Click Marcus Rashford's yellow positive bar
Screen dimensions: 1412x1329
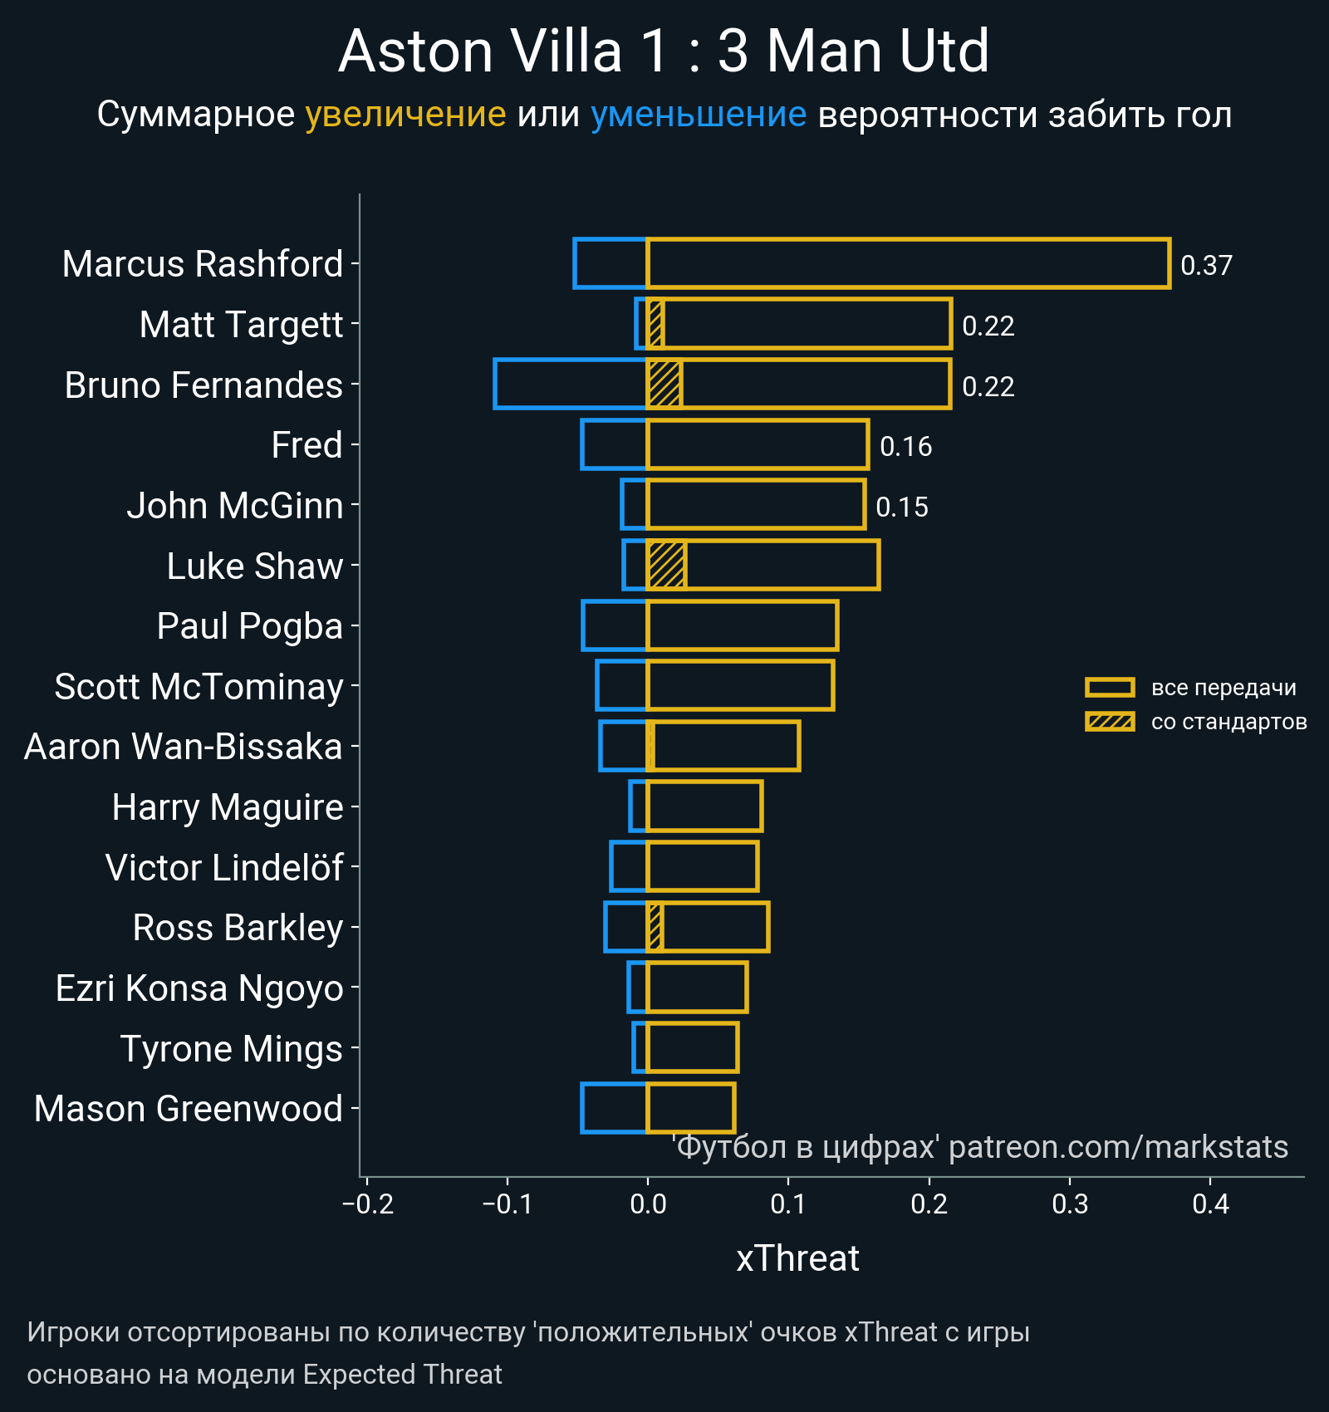(x=908, y=263)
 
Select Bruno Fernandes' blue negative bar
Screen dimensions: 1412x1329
(x=571, y=384)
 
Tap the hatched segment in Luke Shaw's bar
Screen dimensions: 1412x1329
(x=666, y=565)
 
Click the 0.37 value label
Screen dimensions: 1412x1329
(x=1206, y=265)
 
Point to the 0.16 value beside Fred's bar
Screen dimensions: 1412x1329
(x=905, y=447)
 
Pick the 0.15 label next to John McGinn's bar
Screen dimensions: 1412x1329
(x=901, y=507)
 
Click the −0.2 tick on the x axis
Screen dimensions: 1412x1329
(x=368, y=1204)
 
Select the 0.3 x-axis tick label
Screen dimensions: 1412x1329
(x=1070, y=1204)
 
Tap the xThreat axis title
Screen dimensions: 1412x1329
(x=797, y=1258)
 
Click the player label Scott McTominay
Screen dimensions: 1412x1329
(x=199, y=687)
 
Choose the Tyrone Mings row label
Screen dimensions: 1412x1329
(x=231, y=1048)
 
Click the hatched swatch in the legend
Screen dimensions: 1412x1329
(x=1109, y=721)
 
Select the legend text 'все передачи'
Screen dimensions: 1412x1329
(x=1224, y=688)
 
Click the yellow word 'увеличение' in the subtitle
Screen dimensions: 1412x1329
(x=405, y=115)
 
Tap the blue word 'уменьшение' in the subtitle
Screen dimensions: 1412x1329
(x=698, y=115)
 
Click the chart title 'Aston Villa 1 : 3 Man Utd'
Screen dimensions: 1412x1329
(x=664, y=51)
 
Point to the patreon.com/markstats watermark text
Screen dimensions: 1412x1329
(x=1118, y=1147)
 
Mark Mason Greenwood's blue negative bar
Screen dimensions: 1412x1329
(x=614, y=1108)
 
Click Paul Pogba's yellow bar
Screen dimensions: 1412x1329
(x=742, y=625)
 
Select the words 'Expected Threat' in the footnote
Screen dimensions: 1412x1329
(x=402, y=1375)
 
